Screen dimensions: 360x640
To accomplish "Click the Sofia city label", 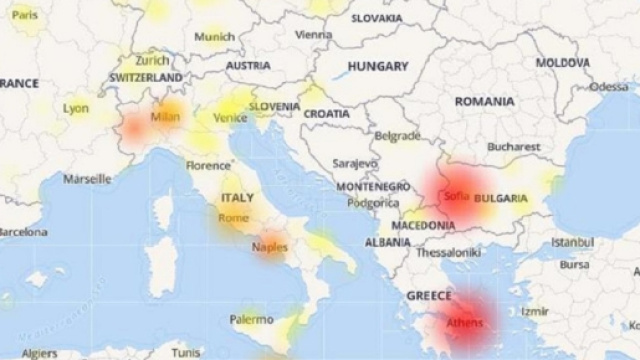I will pos(456,196).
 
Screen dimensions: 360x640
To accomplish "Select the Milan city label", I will pos(164,117).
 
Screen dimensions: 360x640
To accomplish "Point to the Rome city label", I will pos(233,217).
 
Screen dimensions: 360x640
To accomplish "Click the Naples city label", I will pos(270,246).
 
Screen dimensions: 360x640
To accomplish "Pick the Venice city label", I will pos(231,118).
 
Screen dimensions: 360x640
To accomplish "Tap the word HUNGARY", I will pos(377,66).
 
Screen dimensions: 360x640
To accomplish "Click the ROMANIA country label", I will pos(484,102).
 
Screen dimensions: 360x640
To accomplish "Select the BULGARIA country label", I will pos(502,197).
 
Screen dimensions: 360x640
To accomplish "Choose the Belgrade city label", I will pos(396,135).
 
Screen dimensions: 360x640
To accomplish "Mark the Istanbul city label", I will pos(573,243).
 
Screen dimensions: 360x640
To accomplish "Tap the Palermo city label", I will pos(250,320).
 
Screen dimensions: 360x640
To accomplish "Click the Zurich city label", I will pos(153,59).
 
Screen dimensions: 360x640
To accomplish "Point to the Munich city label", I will pos(215,37).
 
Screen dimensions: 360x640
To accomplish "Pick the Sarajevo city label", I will pos(355,162).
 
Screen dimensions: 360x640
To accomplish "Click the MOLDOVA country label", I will pos(562,62).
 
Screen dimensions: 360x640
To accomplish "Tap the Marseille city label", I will pos(87,179).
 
